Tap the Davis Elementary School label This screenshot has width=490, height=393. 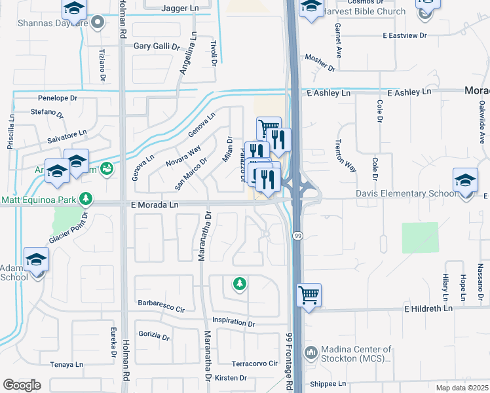point(406,194)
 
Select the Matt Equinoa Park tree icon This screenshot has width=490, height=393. point(85,198)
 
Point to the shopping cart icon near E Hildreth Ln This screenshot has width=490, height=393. point(309,294)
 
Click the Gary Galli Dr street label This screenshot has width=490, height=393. point(157,47)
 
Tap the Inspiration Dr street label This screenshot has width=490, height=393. point(234,323)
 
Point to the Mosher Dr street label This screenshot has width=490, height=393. point(320,63)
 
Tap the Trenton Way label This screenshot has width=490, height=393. point(345,155)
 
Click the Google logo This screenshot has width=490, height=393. point(22,385)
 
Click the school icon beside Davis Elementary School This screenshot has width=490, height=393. point(465,179)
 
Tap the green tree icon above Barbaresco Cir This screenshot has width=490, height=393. point(240,284)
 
